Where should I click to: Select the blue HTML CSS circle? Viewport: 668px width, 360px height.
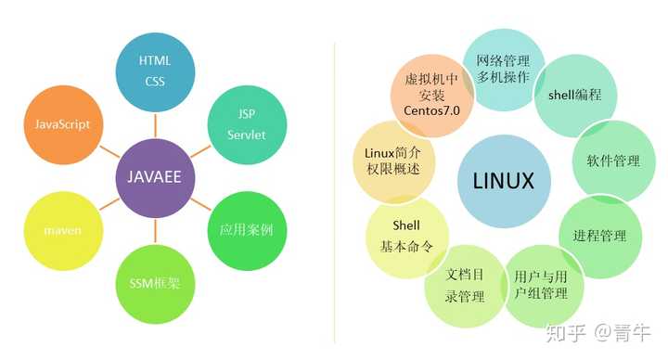155,71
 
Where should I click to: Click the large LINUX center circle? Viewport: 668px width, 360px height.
504,180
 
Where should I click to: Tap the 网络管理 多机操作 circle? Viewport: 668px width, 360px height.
504,69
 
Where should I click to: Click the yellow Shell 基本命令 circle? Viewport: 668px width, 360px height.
406,236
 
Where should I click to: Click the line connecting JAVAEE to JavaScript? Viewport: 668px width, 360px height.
107,148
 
